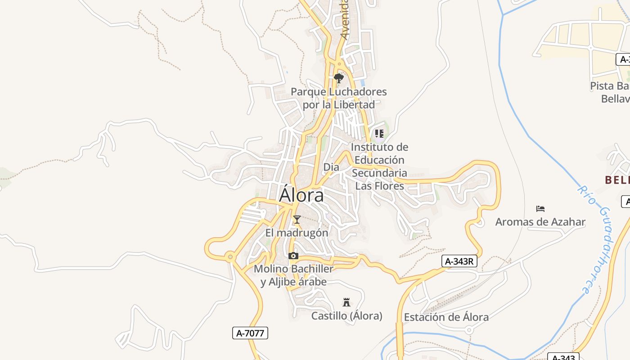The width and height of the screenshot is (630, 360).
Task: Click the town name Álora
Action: click(x=301, y=196)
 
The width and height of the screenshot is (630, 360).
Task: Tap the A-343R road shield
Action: click(x=459, y=261)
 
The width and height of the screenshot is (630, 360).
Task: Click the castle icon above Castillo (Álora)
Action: click(x=346, y=302)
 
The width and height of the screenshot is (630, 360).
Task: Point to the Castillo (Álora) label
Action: click(x=346, y=316)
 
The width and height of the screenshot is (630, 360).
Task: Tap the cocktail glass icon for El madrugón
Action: click(x=297, y=220)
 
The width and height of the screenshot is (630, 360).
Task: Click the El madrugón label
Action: click(x=297, y=233)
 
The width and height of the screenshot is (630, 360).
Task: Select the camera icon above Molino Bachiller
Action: click(x=293, y=256)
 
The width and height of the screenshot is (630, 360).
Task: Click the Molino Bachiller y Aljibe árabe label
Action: click(x=293, y=275)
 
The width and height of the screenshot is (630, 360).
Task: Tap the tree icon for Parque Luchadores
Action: click(x=339, y=78)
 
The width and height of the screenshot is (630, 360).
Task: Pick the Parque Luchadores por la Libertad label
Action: click(x=338, y=98)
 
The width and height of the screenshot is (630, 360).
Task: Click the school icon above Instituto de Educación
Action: click(x=379, y=134)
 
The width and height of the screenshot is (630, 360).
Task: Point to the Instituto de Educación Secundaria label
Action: click(x=379, y=166)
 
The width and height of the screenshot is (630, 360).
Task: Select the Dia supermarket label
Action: click(x=331, y=167)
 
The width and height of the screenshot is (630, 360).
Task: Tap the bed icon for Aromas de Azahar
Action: click(x=540, y=208)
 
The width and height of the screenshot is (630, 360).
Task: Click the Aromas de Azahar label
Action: click(x=540, y=222)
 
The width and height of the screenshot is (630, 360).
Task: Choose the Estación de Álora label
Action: click(x=446, y=317)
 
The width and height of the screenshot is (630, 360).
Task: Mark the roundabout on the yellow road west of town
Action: click(x=230, y=257)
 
